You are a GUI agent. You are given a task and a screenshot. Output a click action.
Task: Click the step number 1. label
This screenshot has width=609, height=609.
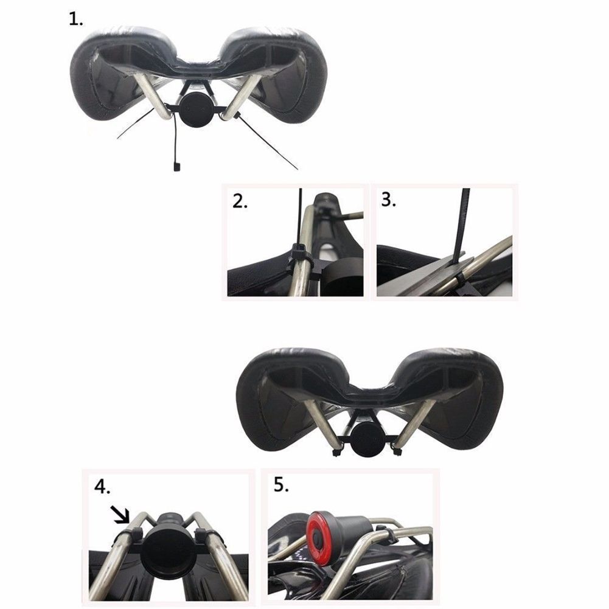tap(75, 19)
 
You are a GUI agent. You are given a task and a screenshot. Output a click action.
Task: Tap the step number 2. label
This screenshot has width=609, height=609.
tap(240, 201)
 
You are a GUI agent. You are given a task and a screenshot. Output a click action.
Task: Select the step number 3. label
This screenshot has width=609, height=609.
tap(388, 200)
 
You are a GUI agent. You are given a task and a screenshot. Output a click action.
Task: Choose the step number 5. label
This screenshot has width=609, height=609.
tap(281, 484)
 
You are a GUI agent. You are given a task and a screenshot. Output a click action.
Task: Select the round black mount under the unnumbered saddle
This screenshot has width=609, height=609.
tap(369, 439)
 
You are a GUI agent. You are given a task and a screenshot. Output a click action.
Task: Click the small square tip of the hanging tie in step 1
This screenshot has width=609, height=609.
tap(176, 167)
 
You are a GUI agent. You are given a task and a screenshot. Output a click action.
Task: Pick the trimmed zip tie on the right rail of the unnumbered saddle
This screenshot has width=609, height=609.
tap(397, 451)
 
